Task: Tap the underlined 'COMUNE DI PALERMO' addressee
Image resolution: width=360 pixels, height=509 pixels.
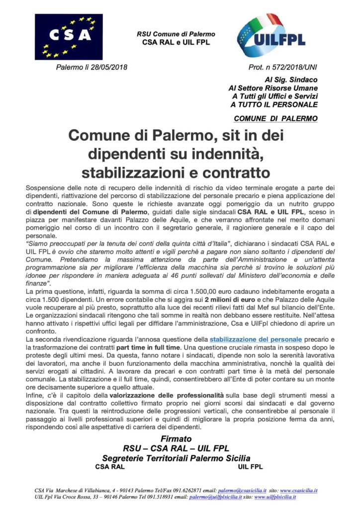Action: pyautogui.click(x=275, y=118)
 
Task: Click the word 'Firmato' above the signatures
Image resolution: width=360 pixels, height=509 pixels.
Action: pyautogui.click(x=176, y=439)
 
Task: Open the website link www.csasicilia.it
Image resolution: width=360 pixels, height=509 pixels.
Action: pyautogui.click(x=297, y=490)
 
